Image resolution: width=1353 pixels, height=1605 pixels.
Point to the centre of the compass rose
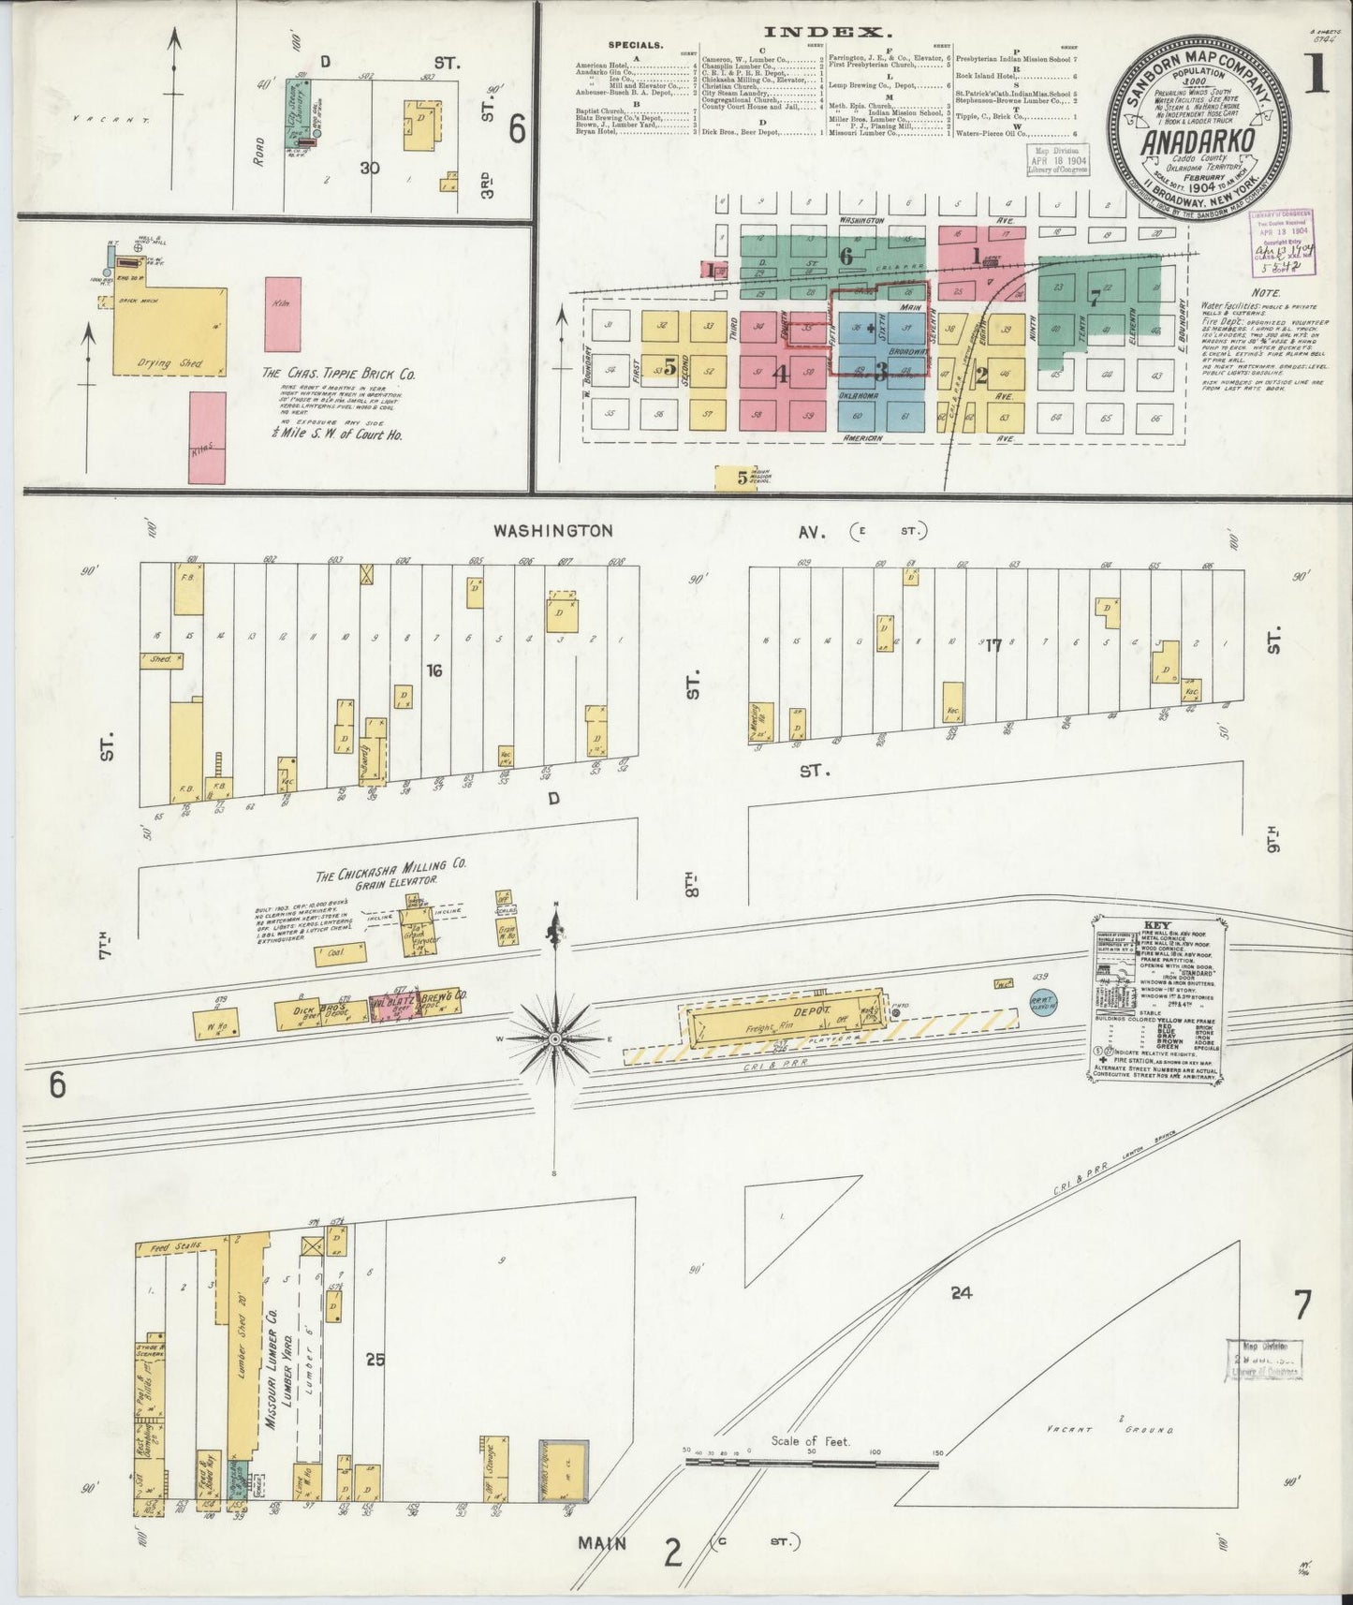click(x=555, y=1038)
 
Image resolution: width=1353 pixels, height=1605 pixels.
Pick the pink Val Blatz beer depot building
click(x=392, y=1007)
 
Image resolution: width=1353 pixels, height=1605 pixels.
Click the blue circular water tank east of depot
click(x=1043, y=1001)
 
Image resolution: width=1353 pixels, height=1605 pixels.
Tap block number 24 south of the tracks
click(x=961, y=1294)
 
